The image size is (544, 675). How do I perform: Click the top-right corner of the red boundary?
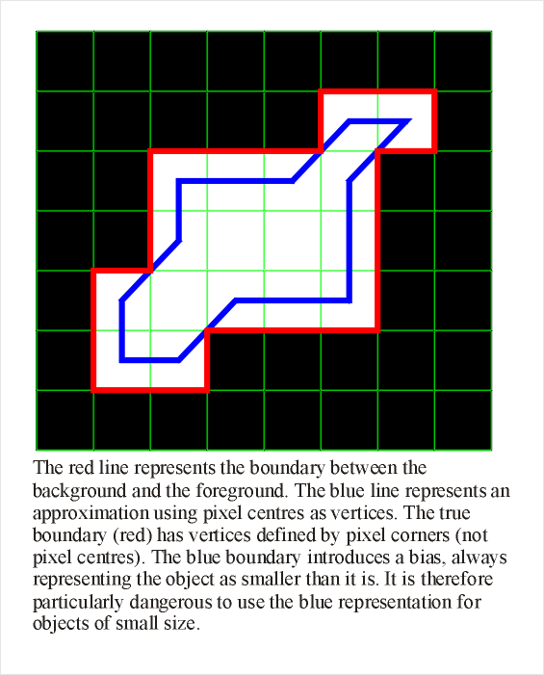(434, 92)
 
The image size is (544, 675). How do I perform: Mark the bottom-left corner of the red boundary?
(94, 389)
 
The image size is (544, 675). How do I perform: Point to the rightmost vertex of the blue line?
(409, 121)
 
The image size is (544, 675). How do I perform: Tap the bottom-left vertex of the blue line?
(122, 360)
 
